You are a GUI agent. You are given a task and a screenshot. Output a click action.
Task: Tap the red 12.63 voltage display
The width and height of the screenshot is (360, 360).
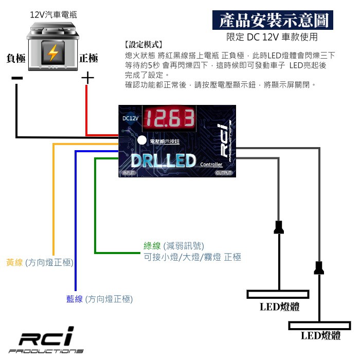[x=169, y=119]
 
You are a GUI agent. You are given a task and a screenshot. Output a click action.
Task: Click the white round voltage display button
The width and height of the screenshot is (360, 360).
[x=141, y=140]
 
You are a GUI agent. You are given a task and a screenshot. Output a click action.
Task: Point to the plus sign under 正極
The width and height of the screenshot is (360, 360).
[x=88, y=78]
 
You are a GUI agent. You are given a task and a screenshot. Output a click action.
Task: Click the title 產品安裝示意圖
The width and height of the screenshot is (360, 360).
[x=273, y=21]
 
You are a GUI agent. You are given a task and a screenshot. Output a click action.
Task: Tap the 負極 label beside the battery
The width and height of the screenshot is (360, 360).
[x=16, y=58]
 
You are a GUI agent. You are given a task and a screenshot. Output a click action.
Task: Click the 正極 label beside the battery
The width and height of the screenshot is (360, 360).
[x=88, y=58]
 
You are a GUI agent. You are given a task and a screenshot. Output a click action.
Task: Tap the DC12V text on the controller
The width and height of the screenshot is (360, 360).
[x=131, y=118]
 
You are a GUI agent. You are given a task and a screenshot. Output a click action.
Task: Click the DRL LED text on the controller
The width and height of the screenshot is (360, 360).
[x=163, y=161]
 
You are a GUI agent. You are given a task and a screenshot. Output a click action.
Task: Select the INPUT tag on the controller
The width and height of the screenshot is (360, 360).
[x=129, y=173]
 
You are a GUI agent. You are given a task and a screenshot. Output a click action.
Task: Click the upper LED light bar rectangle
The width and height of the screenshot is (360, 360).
[x=278, y=294]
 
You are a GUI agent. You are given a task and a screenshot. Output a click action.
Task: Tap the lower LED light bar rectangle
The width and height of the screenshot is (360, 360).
[x=320, y=326]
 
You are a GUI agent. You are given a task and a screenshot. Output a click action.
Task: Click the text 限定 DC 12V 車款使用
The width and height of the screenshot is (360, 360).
[x=272, y=37]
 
